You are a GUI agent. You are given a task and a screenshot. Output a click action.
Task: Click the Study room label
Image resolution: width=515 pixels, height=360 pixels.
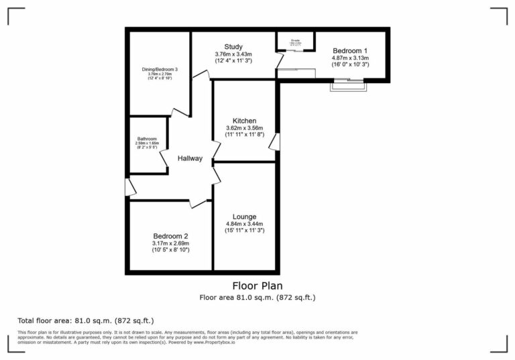pyautogui.click(x=233, y=46)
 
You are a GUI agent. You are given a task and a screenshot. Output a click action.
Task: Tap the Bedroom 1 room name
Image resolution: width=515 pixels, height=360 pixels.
pyautogui.click(x=350, y=50)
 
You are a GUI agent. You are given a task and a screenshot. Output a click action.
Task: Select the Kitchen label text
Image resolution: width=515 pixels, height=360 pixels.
pyautogui.click(x=244, y=121)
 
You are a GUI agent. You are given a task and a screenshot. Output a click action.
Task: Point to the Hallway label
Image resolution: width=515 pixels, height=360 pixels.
pyautogui.click(x=190, y=158)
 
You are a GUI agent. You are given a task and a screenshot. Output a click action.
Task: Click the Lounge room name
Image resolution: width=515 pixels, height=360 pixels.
pyautogui.click(x=244, y=217)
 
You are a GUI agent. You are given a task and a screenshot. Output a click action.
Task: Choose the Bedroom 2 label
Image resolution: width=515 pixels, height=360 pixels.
pyautogui.click(x=171, y=235)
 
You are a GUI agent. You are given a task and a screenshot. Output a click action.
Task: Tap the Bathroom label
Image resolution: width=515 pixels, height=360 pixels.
pyautogui.click(x=147, y=139)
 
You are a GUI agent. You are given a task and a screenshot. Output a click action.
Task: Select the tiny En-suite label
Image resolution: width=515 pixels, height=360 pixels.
pyautogui.click(x=295, y=40)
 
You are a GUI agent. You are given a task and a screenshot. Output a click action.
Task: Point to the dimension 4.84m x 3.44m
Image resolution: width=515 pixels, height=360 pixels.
pyautogui.click(x=244, y=224)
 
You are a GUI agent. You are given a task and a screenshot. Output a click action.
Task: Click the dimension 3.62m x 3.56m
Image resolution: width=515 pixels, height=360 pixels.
pyautogui.click(x=244, y=128)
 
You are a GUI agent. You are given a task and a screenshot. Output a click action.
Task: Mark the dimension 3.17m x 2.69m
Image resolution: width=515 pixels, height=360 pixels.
pyautogui.click(x=171, y=243)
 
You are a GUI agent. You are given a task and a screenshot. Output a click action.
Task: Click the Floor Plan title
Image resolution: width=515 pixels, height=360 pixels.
pyautogui.click(x=257, y=286)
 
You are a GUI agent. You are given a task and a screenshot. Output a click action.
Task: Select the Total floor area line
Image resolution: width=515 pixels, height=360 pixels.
pyautogui.click(x=90, y=320)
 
